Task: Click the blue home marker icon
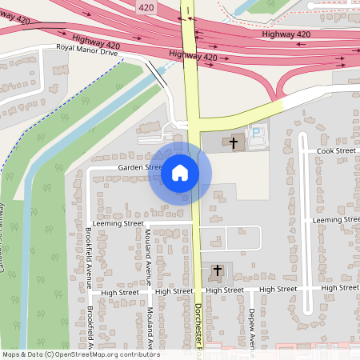(x=180, y=172)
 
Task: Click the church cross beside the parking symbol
(x=234, y=143)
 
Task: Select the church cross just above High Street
(x=217, y=271)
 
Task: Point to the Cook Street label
(x=336, y=150)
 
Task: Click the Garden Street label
(x=140, y=167)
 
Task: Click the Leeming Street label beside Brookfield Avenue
(x=118, y=223)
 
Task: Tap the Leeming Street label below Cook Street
(x=335, y=218)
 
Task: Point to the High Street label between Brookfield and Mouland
(x=120, y=293)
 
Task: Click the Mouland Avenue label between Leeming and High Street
(x=149, y=257)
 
